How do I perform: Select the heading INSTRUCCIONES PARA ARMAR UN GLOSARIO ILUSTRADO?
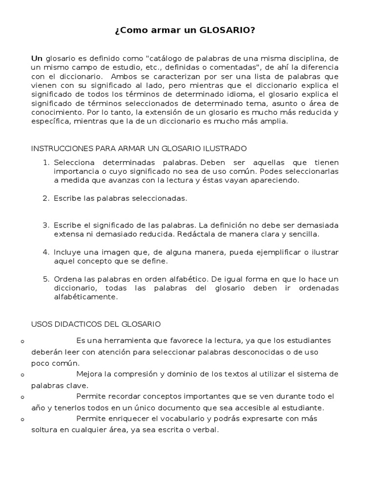pos(139,148)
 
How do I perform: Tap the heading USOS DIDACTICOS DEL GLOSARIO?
pos(96,324)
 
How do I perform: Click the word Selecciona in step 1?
pos(73,162)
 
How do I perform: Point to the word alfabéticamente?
pos(86,296)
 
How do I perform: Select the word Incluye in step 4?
pos(67,252)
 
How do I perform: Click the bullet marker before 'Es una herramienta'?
pos(23,341)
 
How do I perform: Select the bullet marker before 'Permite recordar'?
pos(23,397)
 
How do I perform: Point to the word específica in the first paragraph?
pos(48,122)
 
